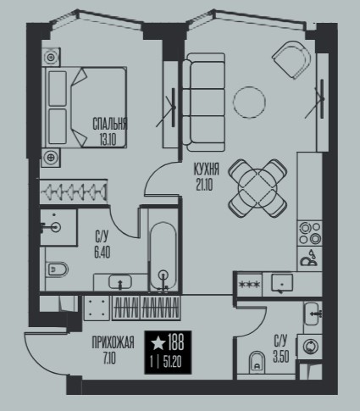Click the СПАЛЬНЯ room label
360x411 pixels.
point(110,124)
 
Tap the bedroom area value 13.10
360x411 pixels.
point(108,139)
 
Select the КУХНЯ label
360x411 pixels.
point(207,169)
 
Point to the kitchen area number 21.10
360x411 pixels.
point(205,185)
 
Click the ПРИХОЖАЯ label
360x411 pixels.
point(113,342)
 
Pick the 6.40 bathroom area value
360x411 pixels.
point(102,253)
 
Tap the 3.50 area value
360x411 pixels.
point(281,357)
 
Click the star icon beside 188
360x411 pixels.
point(158,342)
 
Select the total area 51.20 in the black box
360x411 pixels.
point(172,363)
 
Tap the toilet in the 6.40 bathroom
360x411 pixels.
point(57,269)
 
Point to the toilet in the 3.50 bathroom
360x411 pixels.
point(258,363)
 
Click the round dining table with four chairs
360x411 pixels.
point(258,188)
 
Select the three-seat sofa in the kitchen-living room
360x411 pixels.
point(204,103)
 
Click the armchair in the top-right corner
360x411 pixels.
point(291,60)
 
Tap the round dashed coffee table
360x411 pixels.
point(249,102)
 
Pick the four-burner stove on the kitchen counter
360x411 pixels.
point(310,232)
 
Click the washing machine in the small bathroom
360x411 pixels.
point(310,346)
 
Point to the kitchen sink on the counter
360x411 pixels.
point(282,282)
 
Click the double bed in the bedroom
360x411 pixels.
point(84,107)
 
